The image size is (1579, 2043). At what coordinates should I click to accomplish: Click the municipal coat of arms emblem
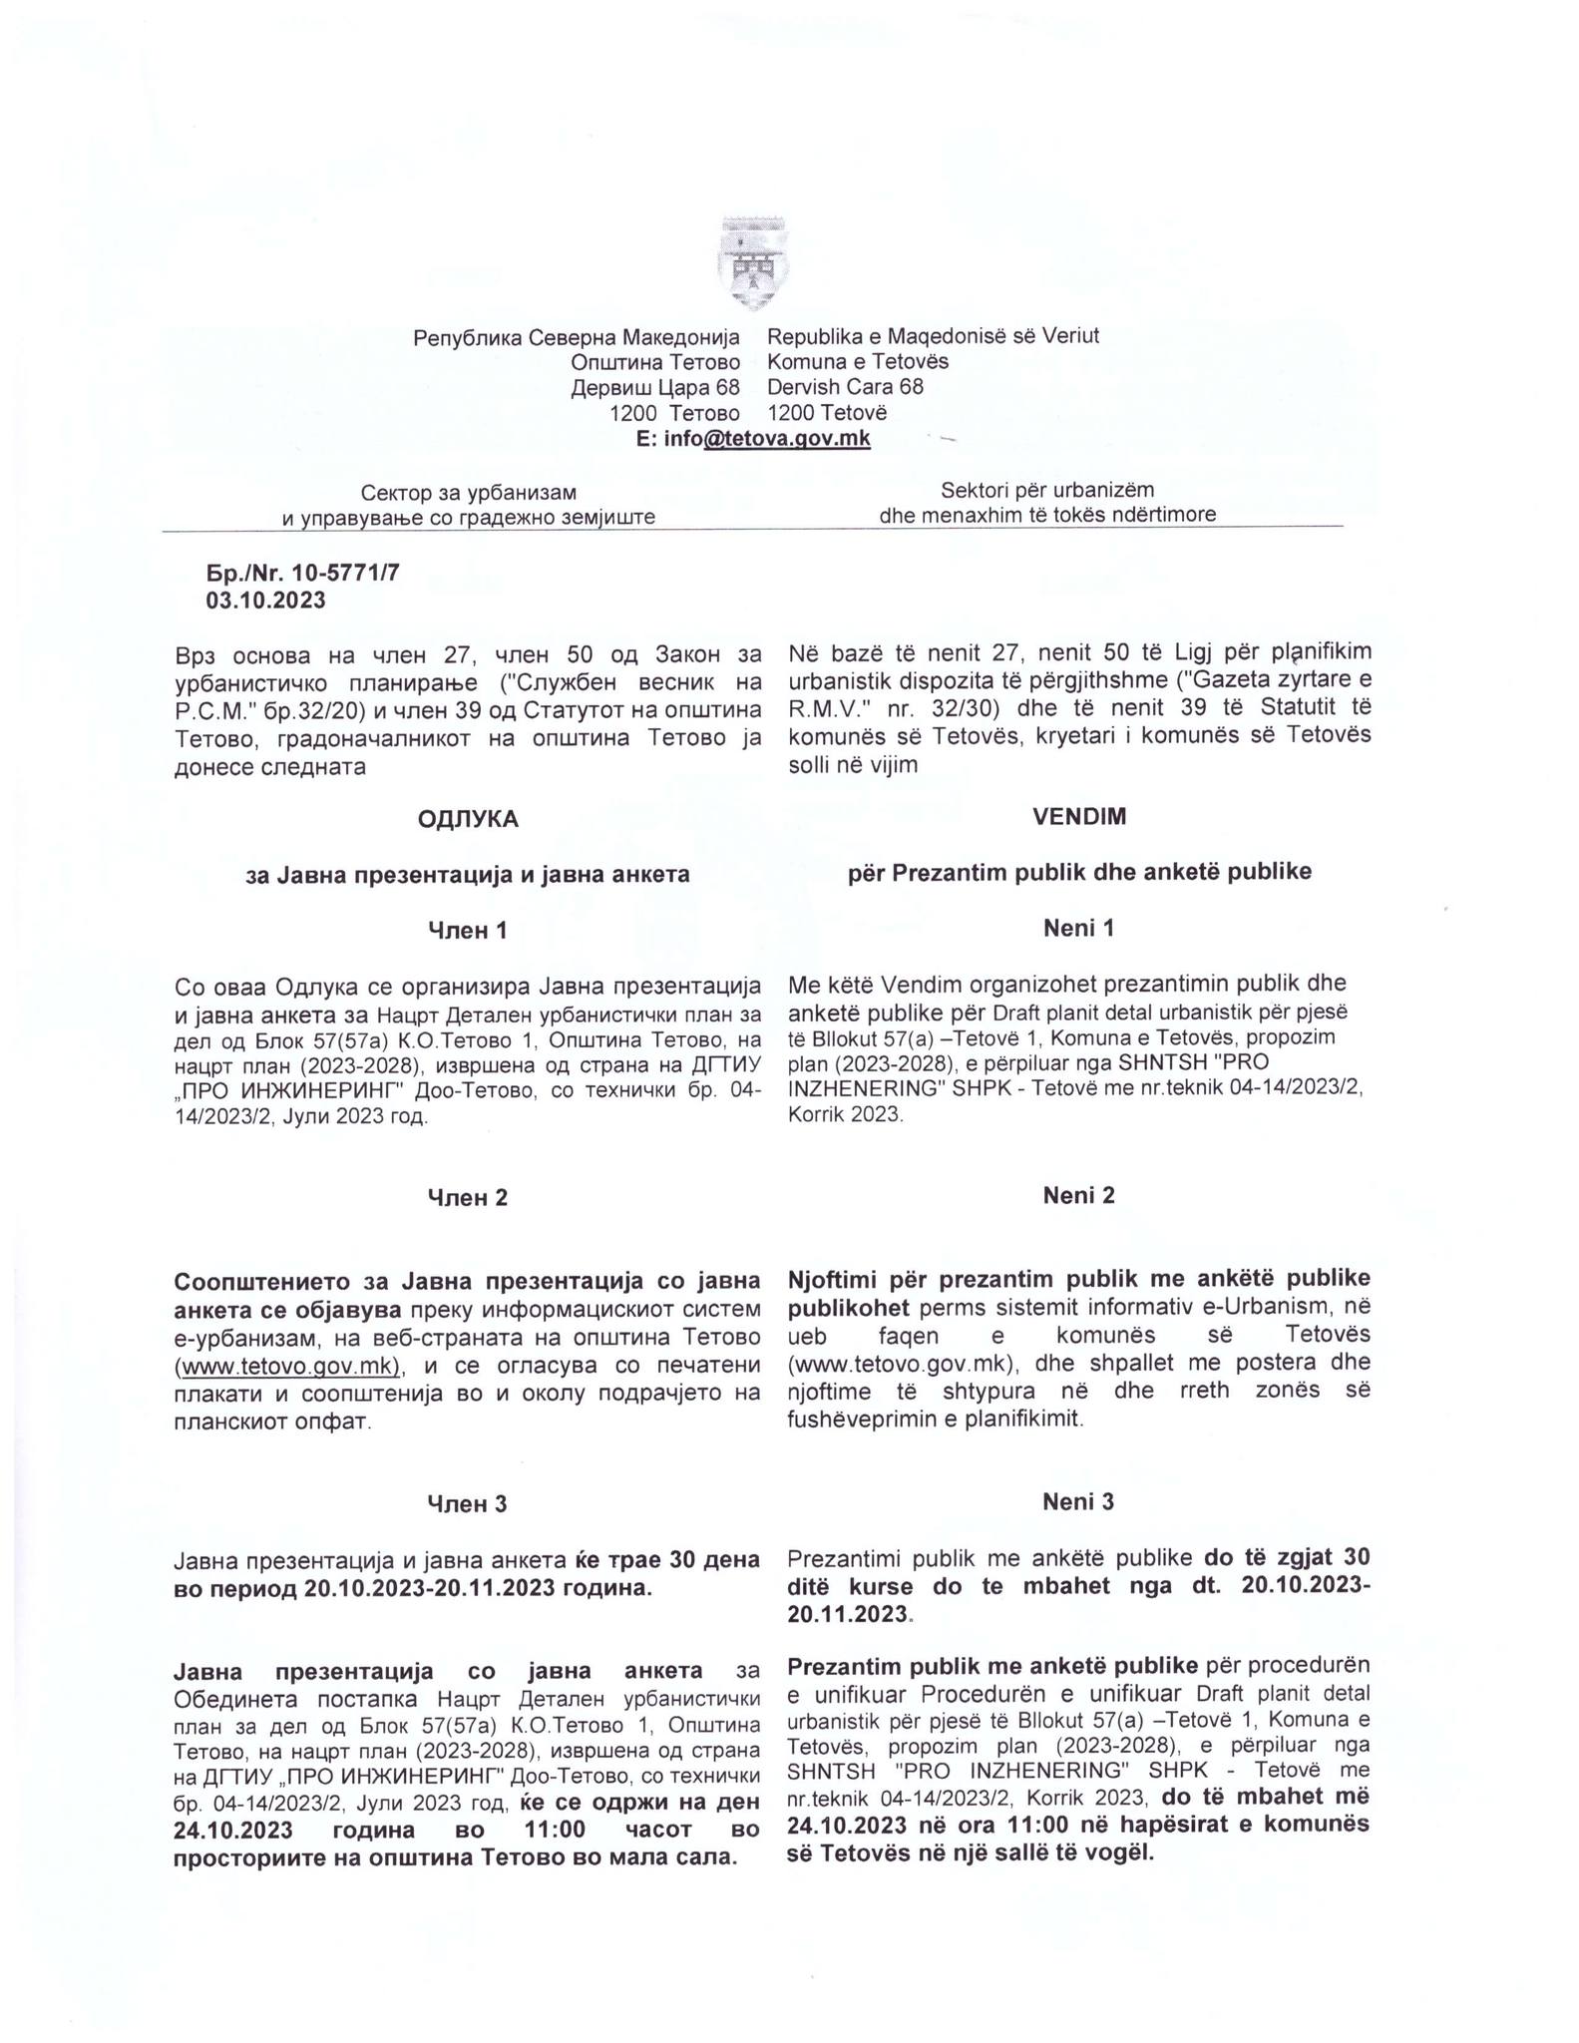(752, 262)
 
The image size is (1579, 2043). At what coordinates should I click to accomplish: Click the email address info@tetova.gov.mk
(753, 438)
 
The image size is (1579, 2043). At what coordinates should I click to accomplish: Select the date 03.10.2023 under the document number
(265, 600)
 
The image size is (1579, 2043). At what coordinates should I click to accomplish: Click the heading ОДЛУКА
(468, 819)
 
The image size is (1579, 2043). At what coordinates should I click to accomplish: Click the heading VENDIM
(1079, 816)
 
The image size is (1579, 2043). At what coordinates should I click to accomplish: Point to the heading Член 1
(468, 931)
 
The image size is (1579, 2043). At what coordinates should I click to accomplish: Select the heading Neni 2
(1078, 1195)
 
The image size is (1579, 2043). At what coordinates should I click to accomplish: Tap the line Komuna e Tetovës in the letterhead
(858, 361)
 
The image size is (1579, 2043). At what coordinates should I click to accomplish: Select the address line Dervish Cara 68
(845, 386)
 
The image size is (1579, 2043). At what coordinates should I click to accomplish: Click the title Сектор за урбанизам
(468, 492)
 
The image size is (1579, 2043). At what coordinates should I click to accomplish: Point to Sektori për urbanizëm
(1047, 490)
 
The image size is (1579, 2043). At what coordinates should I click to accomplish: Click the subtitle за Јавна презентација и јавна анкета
(468, 875)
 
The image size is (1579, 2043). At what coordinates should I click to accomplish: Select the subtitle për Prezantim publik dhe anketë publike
(1079, 872)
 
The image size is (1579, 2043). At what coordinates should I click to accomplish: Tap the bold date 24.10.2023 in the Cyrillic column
(233, 1831)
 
